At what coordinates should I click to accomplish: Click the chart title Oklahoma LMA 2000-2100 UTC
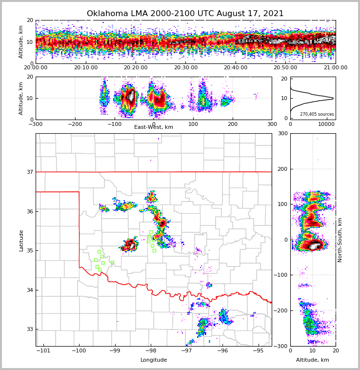pos(185,14)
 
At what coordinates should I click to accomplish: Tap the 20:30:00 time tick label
pos(185,68)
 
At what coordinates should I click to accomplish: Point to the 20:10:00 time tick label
pos(85,68)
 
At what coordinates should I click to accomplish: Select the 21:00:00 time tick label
pos(335,68)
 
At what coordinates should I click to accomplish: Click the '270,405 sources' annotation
pos(317,114)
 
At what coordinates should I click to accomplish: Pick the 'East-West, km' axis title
pos(154,127)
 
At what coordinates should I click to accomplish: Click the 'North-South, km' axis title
pos(340,240)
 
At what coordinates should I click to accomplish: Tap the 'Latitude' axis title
pos(21,240)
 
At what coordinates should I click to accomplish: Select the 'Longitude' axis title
pos(154,360)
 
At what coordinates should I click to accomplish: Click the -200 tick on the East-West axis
pos(75,124)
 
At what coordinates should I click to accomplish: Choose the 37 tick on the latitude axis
pos(29,172)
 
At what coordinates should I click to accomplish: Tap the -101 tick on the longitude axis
pos(43,351)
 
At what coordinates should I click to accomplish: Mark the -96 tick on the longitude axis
pos(222,351)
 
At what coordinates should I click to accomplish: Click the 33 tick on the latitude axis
pos(29,329)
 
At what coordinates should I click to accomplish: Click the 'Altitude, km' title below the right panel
pos(313,360)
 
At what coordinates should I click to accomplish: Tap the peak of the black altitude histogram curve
pos(333,98)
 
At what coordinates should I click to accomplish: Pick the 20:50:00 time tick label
pos(285,68)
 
